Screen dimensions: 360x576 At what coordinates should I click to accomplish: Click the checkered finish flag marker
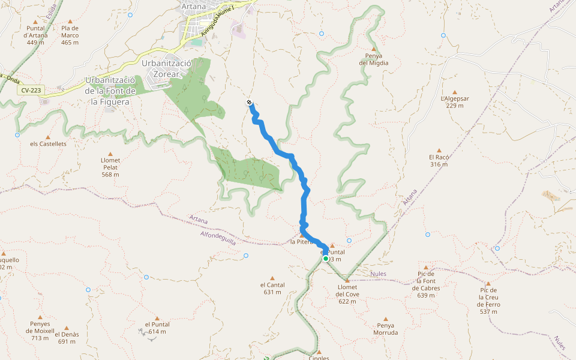pyautogui.click(x=249, y=103)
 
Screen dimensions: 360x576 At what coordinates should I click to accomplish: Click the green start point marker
pyautogui.click(x=326, y=259)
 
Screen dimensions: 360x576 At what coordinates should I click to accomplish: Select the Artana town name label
pyautogui.click(x=193, y=6)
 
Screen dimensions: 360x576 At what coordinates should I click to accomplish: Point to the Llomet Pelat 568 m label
pyautogui.click(x=110, y=167)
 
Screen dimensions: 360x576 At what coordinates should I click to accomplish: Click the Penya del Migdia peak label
pyautogui.click(x=374, y=59)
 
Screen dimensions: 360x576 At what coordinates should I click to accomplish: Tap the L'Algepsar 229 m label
pyautogui.click(x=455, y=101)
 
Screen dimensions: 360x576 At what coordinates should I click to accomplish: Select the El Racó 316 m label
pyautogui.click(x=439, y=160)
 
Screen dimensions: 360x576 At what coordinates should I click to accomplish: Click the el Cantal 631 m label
pyautogui.click(x=272, y=289)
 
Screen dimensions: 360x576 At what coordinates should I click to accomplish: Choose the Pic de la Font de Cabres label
pyautogui.click(x=426, y=284)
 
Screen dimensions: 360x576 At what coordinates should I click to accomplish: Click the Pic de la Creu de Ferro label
pyautogui.click(x=488, y=301)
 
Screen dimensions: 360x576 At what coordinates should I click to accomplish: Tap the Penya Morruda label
pyautogui.click(x=386, y=329)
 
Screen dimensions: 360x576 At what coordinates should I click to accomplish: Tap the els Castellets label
pyautogui.click(x=49, y=144)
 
